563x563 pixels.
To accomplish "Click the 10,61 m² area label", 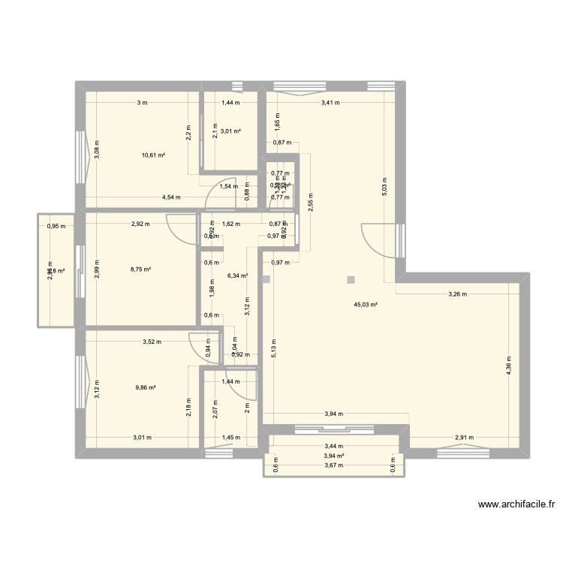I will (x=153, y=155).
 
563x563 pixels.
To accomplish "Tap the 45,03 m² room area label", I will (x=366, y=305).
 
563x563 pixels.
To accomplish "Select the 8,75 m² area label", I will (x=142, y=269).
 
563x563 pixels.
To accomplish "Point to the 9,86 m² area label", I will (x=145, y=387).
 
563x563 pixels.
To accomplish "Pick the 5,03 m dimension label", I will (x=385, y=185).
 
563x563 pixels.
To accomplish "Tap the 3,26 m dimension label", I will (x=458, y=294).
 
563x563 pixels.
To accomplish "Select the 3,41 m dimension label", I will (x=330, y=102).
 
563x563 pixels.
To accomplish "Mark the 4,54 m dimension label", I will (x=172, y=197).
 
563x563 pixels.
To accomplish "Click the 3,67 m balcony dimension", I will (x=334, y=465).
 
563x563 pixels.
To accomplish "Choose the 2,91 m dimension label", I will (x=465, y=438).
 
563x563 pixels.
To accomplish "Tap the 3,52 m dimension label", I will (x=152, y=343).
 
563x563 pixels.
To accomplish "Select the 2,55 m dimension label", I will (x=311, y=202).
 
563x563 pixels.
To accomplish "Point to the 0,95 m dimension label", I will (x=56, y=226).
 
